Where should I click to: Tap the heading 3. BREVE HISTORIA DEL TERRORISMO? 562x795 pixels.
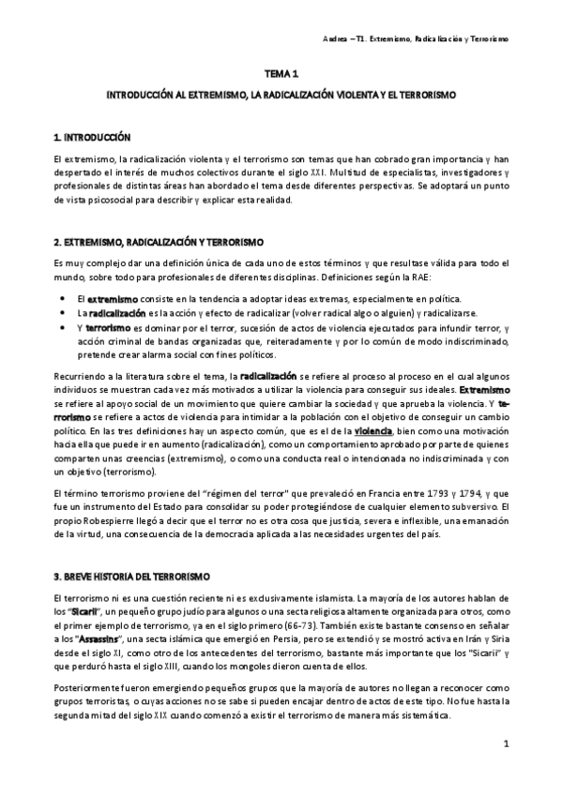(x=132, y=573)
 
